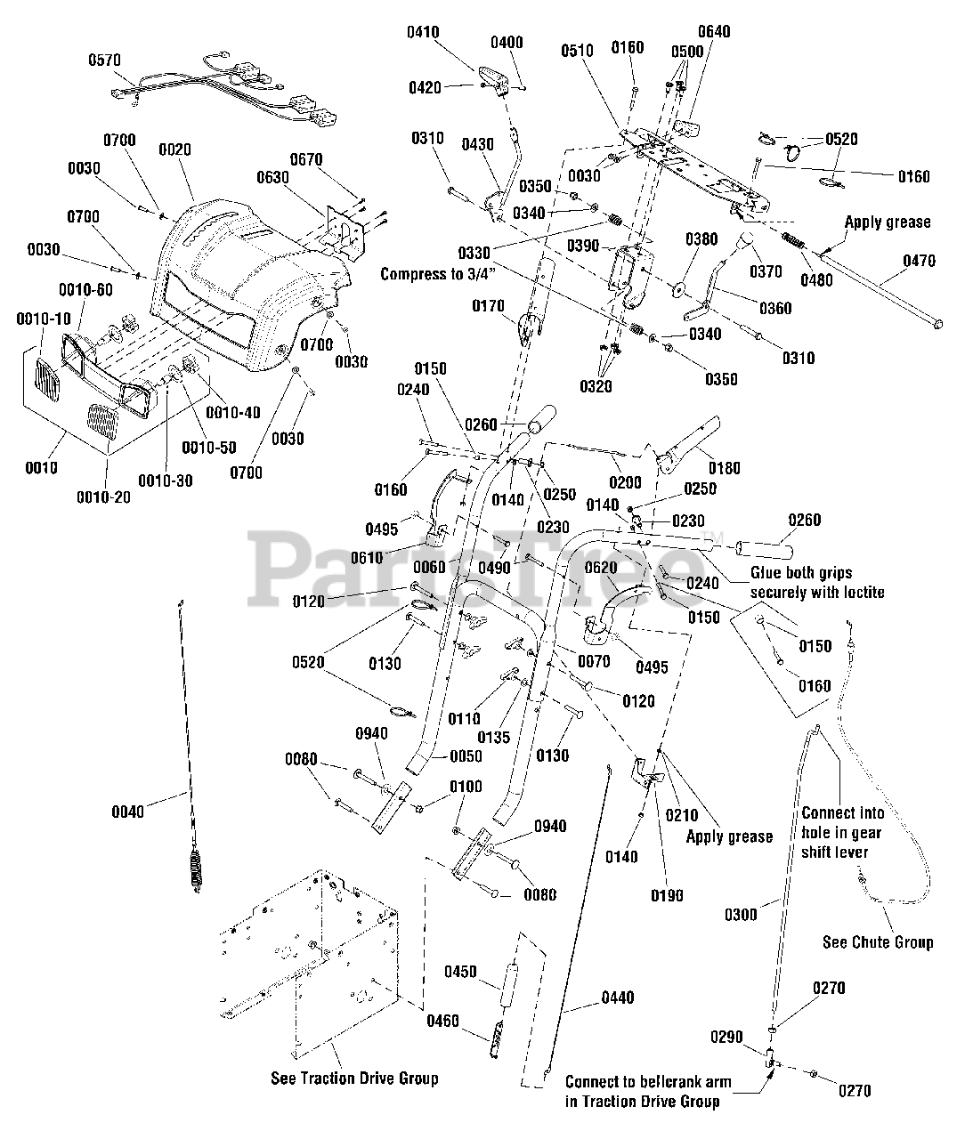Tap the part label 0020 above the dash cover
(174, 150)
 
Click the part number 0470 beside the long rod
(920, 262)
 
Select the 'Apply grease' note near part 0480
(887, 222)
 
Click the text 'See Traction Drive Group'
(354, 1078)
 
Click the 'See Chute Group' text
(878, 942)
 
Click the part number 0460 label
(442, 1021)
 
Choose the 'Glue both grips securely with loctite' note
(817, 582)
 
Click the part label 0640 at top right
(714, 32)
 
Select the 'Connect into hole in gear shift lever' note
(840, 833)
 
